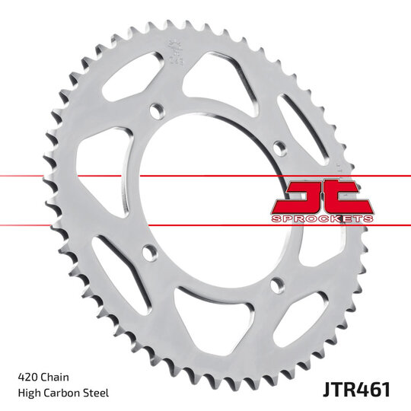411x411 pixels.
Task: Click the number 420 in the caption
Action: click(28, 377)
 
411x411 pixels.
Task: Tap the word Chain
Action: click(58, 377)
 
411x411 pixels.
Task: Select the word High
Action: click(30, 393)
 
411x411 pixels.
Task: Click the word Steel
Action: click(98, 393)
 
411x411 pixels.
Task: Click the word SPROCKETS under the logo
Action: click(322, 218)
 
